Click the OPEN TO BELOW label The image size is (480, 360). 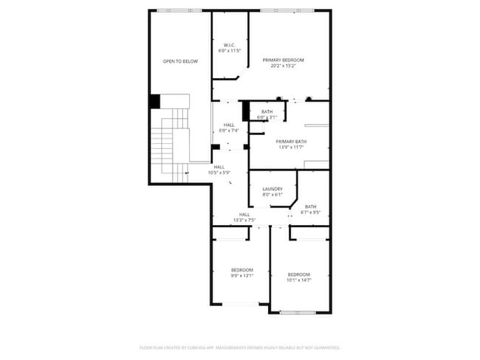point(180,61)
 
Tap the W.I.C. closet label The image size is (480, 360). point(229,46)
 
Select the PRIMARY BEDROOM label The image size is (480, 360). point(283,60)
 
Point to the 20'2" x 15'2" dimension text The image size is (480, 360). point(283,66)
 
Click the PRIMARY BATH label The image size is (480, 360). point(291,142)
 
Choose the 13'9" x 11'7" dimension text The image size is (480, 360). point(291,148)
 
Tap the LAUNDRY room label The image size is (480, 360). point(272,189)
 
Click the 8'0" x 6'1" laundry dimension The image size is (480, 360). point(272,195)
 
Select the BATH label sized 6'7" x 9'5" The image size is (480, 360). point(311,207)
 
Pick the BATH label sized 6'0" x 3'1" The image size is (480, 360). point(267,111)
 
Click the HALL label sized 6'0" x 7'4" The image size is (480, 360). point(229,125)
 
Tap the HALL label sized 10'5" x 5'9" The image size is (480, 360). point(219,167)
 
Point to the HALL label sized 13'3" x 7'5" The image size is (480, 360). point(244,215)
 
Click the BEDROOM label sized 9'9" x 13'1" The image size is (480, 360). point(241,270)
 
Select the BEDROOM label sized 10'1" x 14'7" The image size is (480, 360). point(298,274)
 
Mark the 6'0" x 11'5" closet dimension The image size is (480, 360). point(229,52)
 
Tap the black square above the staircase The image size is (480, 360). point(155,101)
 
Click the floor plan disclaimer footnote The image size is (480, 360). point(240,347)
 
